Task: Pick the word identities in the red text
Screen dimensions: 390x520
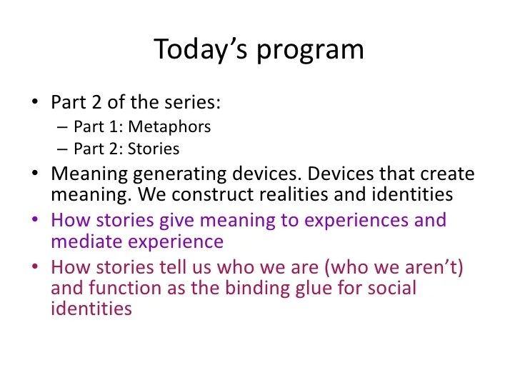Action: tap(91, 310)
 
